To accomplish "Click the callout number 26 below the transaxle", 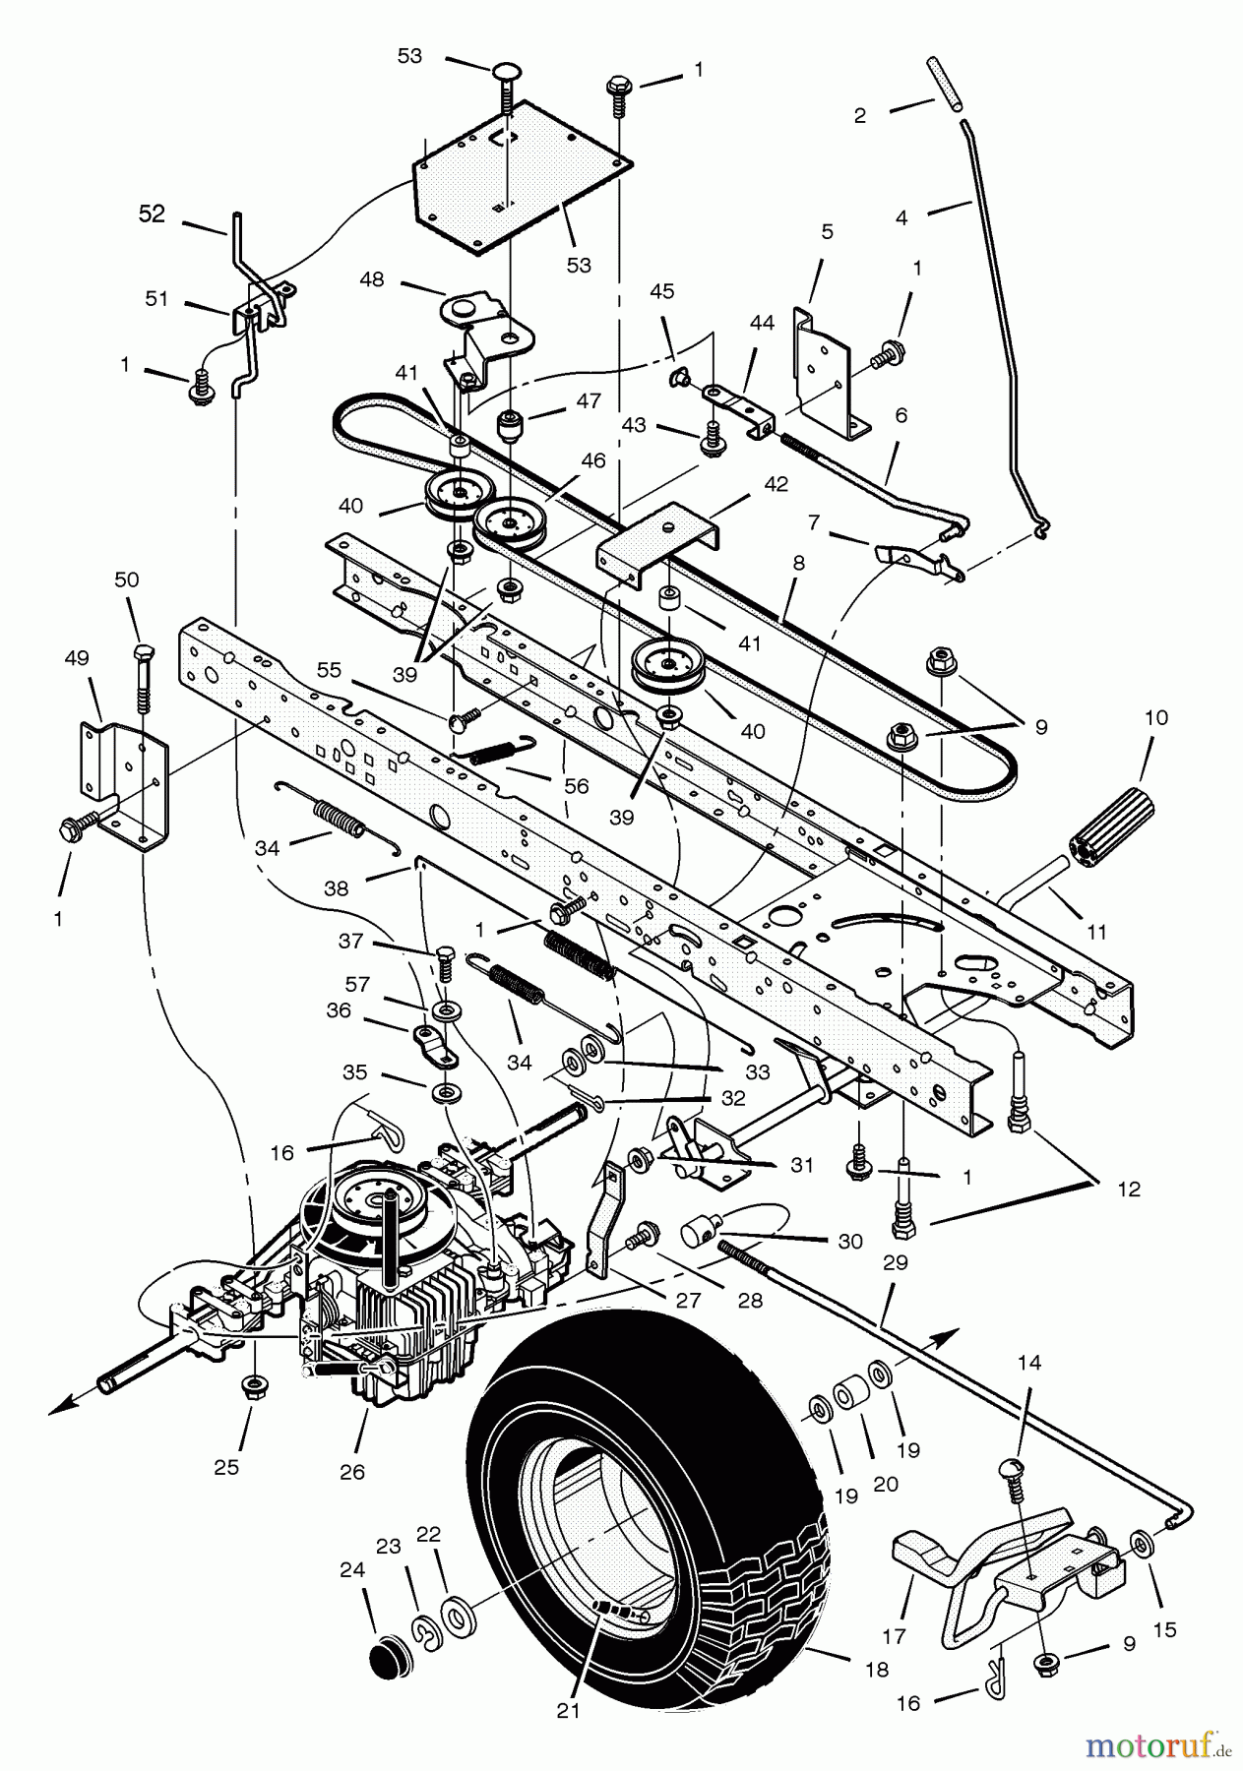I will pyautogui.click(x=351, y=1472).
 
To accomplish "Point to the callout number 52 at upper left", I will pyautogui.click(x=152, y=214).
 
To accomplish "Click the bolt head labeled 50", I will pyautogui.click(x=143, y=653).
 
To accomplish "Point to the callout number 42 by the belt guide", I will pyautogui.click(x=777, y=484).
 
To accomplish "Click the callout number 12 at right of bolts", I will pyautogui.click(x=1129, y=1189).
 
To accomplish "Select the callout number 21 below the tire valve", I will pyautogui.click(x=568, y=1711).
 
